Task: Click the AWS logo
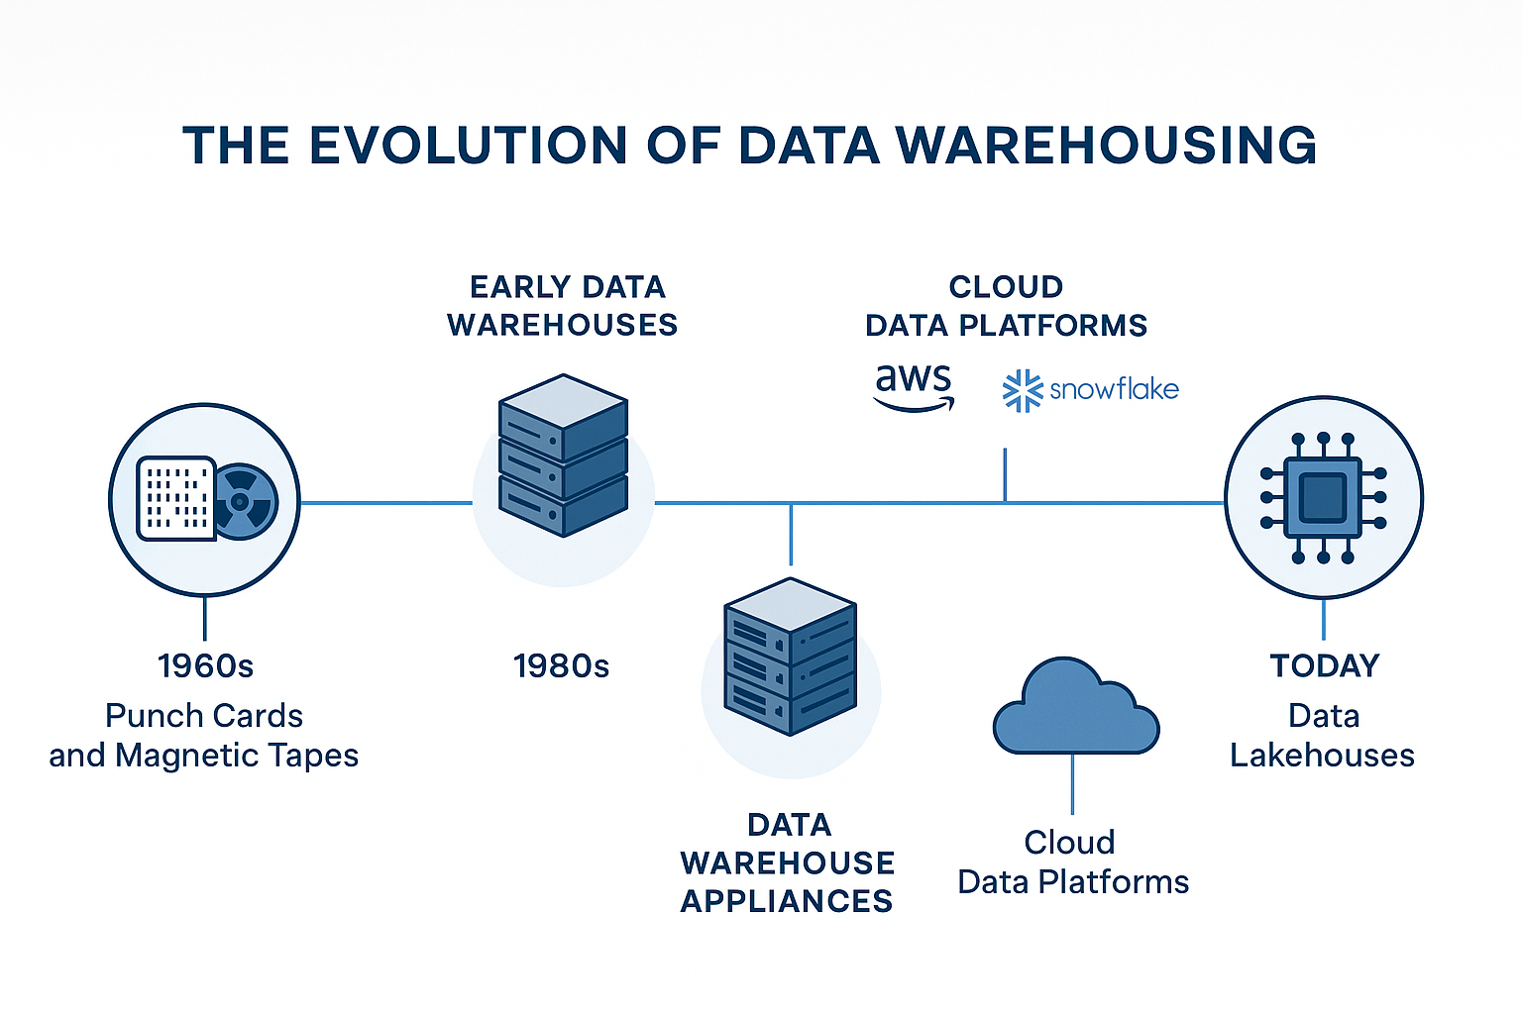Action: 914,386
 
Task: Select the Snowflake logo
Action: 1091,390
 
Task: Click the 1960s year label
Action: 205,665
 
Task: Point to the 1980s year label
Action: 561,665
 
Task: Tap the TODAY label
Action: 1324,665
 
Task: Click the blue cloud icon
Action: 1075,708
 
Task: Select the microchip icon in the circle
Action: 1323,498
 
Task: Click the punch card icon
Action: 176,498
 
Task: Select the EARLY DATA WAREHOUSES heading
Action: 562,306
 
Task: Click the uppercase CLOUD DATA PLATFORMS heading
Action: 1006,306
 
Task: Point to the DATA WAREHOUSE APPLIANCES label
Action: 787,862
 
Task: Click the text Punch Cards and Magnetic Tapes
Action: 204,735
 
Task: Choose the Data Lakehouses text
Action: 1323,735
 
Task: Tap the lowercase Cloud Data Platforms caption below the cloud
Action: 1072,862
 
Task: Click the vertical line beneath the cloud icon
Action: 1073,784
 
